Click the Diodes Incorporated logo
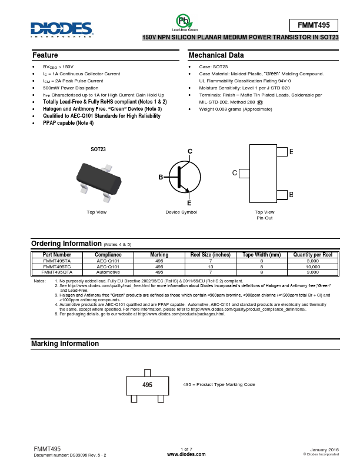coord(62,29)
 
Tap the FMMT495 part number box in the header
coord(314,25)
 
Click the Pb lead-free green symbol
coord(184,22)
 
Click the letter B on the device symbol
coord(160,177)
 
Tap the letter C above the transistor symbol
coord(190,152)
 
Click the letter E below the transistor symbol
coord(189,202)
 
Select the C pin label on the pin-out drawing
coord(234,173)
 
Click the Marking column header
coord(159,255)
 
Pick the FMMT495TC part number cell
coord(57,267)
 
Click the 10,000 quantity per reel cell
coord(312,267)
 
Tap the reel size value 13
coord(210,267)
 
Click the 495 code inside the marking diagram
coord(147,385)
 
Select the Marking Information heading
coord(65,344)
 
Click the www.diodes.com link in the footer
coord(186,455)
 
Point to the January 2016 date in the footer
coord(324,450)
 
